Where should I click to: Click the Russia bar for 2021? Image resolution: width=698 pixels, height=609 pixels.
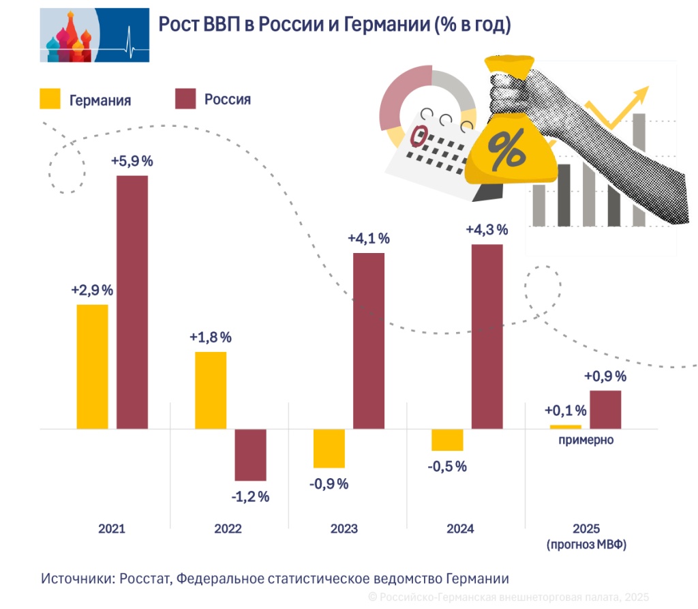[x=132, y=302]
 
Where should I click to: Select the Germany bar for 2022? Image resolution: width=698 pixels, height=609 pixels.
[x=211, y=390]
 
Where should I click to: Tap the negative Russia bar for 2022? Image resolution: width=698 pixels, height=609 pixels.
[x=250, y=455]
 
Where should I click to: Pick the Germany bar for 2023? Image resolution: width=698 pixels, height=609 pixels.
[x=329, y=448]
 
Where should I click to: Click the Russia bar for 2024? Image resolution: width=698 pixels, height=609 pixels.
[x=487, y=336]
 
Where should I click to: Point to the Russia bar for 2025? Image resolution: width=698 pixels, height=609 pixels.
[x=605, y=409]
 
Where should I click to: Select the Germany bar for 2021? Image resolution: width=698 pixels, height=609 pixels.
[x=92, y=366]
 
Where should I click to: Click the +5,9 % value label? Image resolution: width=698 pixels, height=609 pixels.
[x=132, y=162]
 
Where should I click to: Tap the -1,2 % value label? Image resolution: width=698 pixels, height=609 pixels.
[x=250, y=496]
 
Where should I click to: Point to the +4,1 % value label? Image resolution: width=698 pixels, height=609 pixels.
[x=369, y=239]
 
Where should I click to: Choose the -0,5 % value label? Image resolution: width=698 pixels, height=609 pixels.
[x=447, y=466]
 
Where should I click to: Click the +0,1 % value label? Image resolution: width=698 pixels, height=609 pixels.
[x=566, y=411]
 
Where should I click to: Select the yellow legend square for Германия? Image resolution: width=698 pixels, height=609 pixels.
[x=51, y=99]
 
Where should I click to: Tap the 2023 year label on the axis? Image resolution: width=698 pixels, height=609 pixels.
[x=344, y=529]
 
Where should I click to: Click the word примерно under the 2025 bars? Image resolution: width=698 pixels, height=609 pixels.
[x=586, y=440]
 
